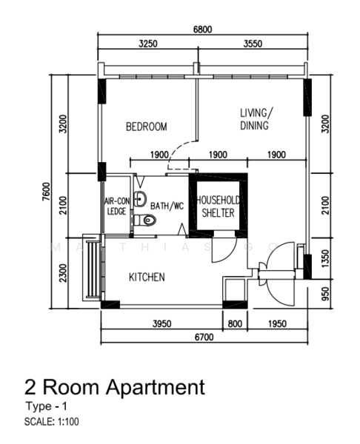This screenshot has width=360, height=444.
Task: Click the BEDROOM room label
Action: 146,127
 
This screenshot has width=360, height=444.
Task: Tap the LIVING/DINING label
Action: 256,119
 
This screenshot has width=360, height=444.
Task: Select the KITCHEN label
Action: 147,277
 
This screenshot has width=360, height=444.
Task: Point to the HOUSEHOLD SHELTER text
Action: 218,206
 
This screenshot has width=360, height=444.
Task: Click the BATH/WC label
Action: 167,206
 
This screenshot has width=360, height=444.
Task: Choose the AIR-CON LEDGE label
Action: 117,206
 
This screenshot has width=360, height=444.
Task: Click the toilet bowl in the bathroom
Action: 145,220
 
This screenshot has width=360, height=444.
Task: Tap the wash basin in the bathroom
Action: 140,198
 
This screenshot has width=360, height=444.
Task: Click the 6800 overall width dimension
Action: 202,30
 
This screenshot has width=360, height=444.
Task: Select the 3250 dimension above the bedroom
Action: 148,44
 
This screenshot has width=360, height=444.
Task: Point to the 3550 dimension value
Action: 253,44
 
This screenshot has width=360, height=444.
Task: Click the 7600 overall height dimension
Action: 46,192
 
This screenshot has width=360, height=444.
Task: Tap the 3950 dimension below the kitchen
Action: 162,323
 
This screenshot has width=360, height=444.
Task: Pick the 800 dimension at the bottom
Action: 235,323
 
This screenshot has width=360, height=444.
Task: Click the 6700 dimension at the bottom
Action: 204,337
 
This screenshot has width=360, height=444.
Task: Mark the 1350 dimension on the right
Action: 326,258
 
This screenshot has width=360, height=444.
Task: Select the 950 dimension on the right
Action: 326,294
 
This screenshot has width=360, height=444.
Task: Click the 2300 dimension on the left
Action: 63,273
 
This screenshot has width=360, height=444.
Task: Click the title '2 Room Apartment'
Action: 115,387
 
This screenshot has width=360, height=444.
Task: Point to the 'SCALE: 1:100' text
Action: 52,422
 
